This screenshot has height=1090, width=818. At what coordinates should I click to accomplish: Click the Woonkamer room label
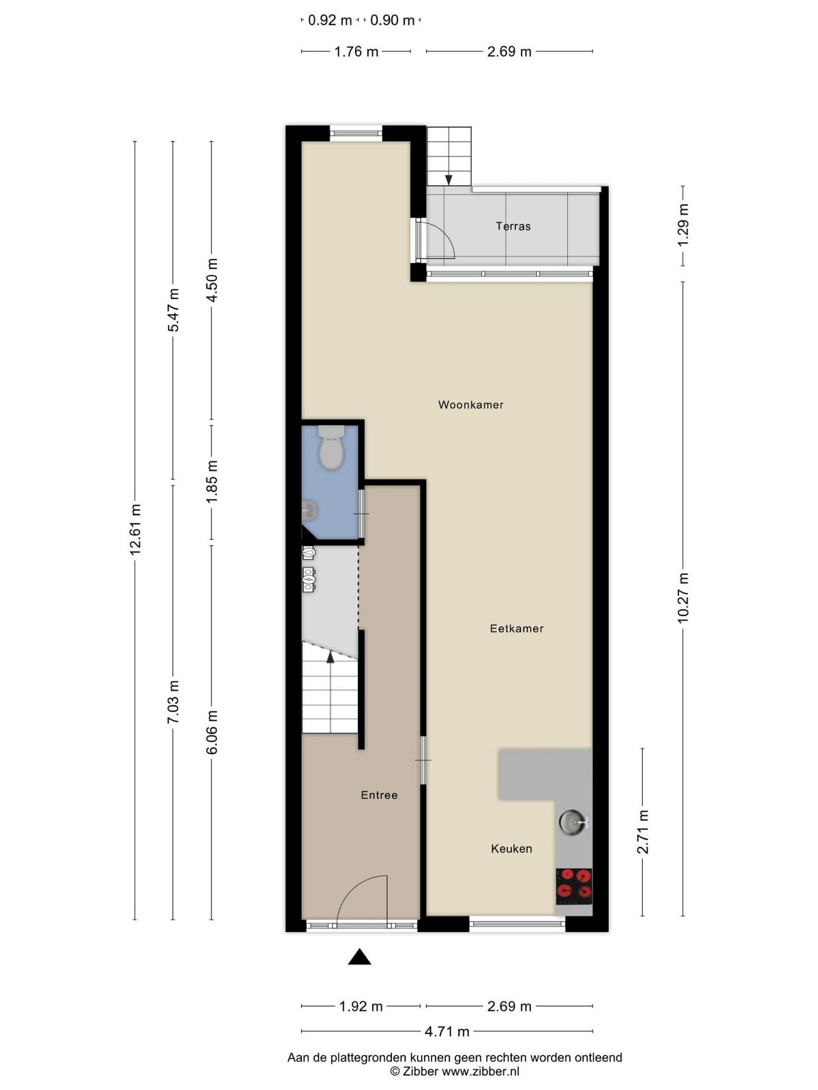click(470, 405)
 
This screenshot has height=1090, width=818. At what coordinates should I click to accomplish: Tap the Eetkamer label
click(517, 629)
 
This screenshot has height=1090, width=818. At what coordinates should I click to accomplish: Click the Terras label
click(513, 226)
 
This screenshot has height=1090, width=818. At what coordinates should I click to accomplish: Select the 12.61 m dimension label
click(135, 529)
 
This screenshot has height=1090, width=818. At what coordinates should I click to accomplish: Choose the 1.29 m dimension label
click(683, 225)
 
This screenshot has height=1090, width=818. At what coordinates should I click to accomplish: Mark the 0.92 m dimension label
click(330, 20)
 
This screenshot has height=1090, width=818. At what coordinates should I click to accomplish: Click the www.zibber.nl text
click(481, 1071)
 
